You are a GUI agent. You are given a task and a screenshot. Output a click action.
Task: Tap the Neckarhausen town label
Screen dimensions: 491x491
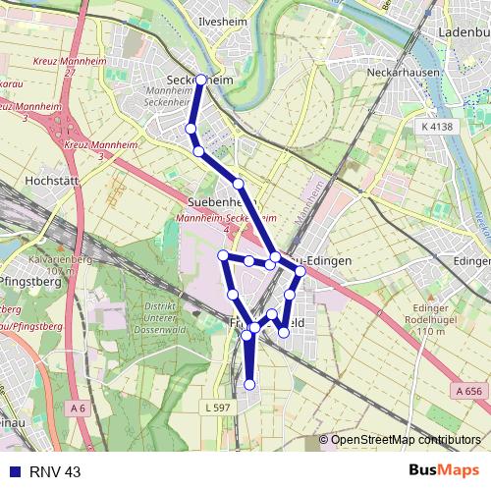[x=398, y=72]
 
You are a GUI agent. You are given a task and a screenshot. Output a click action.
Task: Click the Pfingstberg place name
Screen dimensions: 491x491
[x=32, y=282]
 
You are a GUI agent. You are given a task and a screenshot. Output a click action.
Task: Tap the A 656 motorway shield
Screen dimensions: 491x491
[x=468, y=391]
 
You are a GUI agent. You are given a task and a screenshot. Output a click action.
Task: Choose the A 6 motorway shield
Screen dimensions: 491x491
[x=78, y=407]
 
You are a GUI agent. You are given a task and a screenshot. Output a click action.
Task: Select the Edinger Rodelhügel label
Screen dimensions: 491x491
[x=431, y=323]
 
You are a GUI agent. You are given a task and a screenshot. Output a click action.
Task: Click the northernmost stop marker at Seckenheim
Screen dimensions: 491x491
[x=201, y=80]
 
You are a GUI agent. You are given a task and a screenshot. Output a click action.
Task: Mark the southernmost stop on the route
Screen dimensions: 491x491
[x=249, y=384]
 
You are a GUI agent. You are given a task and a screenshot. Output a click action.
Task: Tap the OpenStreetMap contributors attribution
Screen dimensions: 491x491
[x=404, y=440]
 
